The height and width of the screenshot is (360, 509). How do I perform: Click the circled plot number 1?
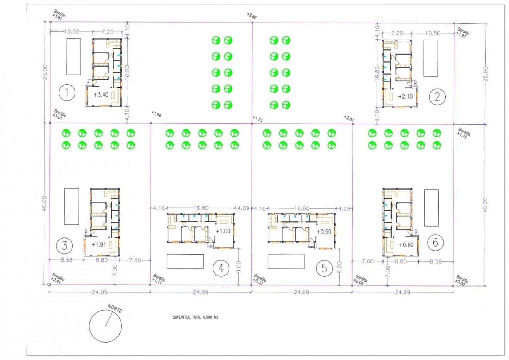pos(67,93)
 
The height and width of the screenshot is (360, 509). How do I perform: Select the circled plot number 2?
pos(437,96)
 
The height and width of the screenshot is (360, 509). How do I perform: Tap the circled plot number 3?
pos(64,245)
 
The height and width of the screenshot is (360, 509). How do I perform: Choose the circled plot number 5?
pos(324,268)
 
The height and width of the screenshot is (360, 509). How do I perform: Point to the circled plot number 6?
pos(436,242)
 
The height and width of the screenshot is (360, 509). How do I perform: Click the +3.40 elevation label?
pos(101,95)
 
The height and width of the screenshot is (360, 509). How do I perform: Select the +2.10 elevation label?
pos(405,97)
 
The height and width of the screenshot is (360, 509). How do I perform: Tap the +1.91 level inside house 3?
pos(99,245)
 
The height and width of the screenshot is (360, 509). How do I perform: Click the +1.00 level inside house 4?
pos(223,231)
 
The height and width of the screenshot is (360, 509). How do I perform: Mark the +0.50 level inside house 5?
pos(324,232)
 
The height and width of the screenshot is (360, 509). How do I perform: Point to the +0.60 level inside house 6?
pos(406,245)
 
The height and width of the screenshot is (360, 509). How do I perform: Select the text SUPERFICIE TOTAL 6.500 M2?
pos(195,317)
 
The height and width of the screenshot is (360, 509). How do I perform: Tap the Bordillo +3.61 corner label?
pos(59,15)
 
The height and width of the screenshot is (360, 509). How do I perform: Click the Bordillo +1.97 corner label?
pos(463,32)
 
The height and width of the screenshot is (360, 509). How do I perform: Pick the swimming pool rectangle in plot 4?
pos(185,261)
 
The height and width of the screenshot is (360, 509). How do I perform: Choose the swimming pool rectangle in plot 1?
pos(73,56)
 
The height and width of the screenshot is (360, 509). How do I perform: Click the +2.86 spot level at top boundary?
pos(251,16)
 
